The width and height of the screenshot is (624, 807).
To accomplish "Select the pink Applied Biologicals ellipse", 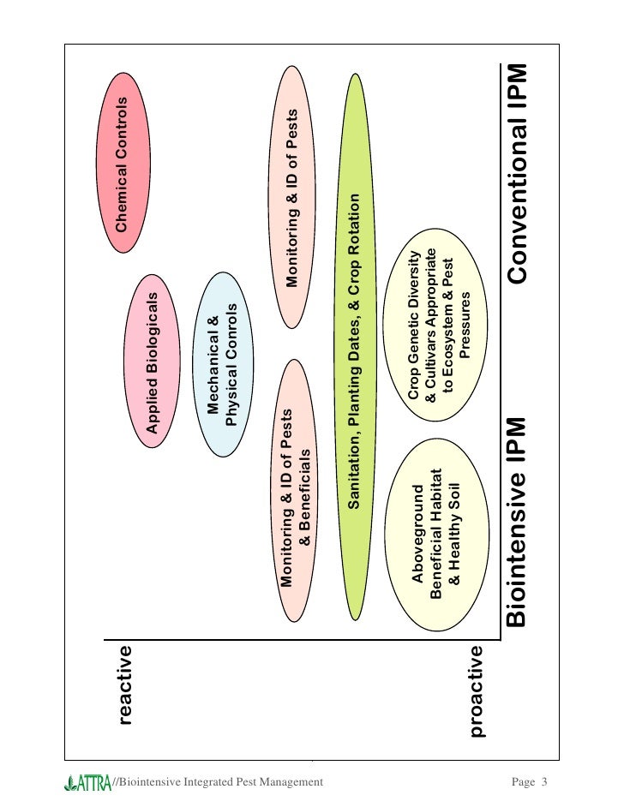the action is (155, 363).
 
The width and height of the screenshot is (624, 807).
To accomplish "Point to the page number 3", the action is (543, 781).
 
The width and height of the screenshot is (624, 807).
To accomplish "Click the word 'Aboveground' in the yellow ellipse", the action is (418, 533).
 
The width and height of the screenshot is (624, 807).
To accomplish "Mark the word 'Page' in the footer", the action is (523, 781).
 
